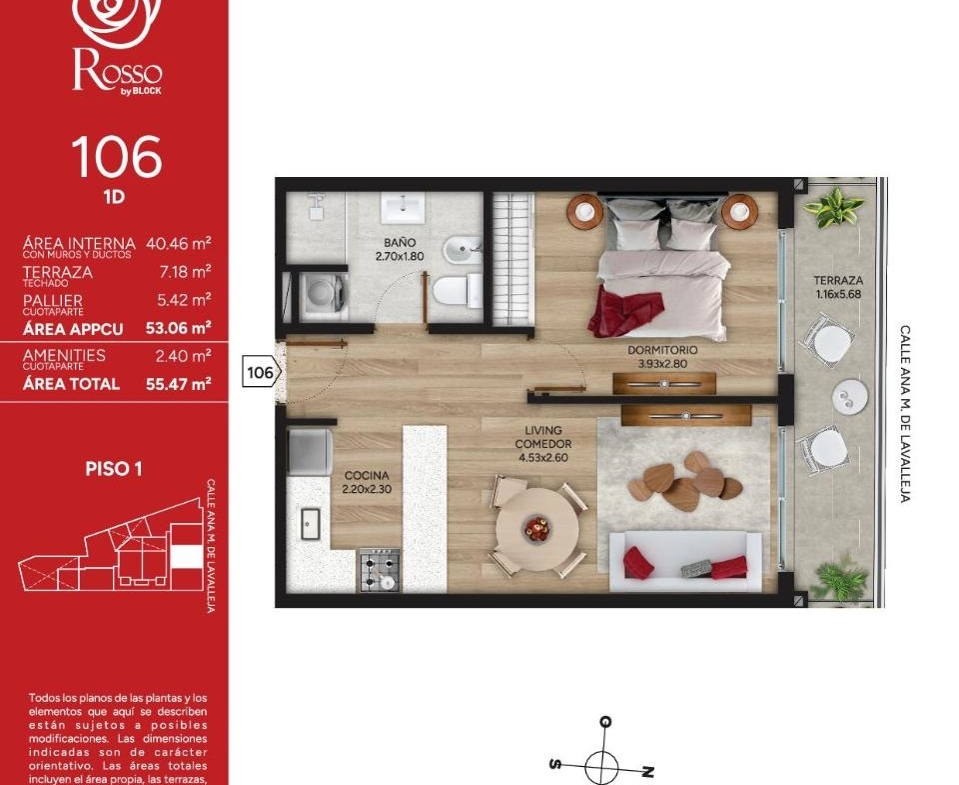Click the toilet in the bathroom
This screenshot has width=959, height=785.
tap(458, 291)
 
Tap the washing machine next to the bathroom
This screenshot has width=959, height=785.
tap(324, 296)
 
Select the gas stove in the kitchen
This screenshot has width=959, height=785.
tap(380, 570)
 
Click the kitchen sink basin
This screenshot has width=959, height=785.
tap(310, 524)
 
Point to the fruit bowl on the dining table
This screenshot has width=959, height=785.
tap(537, 529)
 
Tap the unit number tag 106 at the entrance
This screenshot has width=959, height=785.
tap(261, 372)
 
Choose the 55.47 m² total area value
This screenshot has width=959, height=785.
tap(179, 384)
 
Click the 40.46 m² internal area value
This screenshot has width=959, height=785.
tap(179, 243)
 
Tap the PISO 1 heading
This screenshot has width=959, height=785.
tap(114, 469)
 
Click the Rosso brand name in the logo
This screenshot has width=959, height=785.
tap(118, 72)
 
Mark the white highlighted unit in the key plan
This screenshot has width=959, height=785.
tap(186, 557)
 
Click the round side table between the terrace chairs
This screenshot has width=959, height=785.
tap(849, 396)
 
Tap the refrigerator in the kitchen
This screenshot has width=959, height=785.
tap(310, 453)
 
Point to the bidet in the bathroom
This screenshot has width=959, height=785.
tap(463, 250)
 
